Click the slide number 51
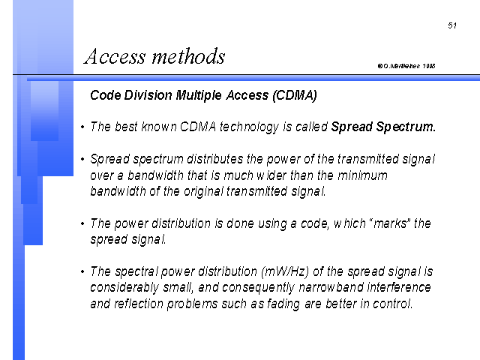tap(452, 25)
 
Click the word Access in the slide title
tap(115, 57)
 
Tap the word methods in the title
tap(188, 56)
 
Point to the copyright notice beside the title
tap(406, 66)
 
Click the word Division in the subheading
tap(148, 95)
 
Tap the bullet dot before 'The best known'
tap(82, 127)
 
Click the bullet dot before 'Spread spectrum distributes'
tap(82, 159)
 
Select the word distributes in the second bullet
tap(215, 159)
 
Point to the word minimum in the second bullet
tap(362, 175)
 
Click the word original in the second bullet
tap(203, 192)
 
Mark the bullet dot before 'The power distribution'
tap(82, 223)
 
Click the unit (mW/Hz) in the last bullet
tap(285, 271)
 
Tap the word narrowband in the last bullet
tap(331, 288)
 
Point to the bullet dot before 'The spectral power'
tap(82, 271)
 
